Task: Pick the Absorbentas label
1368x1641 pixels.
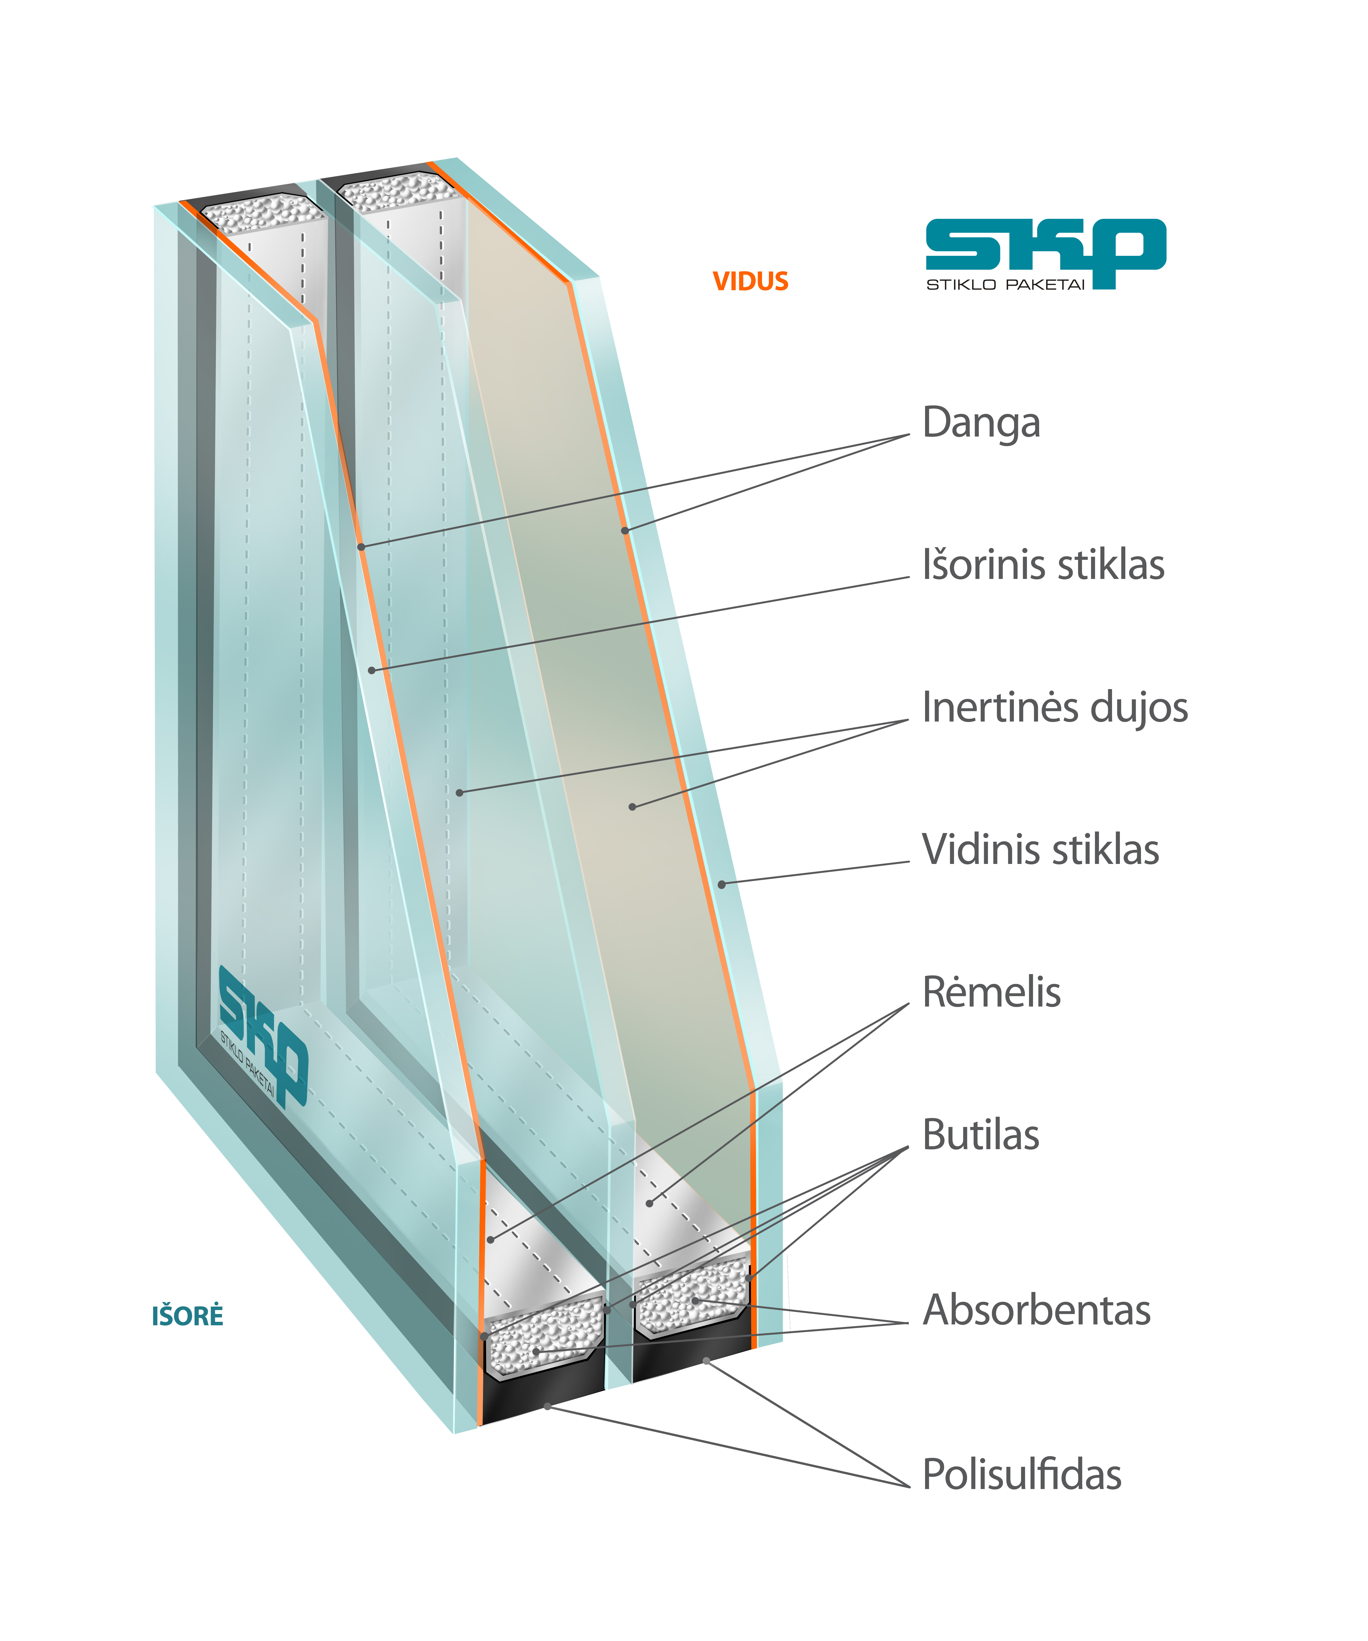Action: click(1036, 1310)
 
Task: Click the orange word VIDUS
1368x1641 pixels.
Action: click(750, 281)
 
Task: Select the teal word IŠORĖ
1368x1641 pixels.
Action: click(187, 1316)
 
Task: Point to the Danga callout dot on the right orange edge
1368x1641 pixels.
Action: click(625, 531)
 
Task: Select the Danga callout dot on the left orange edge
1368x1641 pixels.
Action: click(361, 547)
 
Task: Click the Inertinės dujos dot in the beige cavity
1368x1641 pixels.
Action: click(632, 806)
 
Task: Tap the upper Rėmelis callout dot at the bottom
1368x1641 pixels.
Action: click(649, 1203)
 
